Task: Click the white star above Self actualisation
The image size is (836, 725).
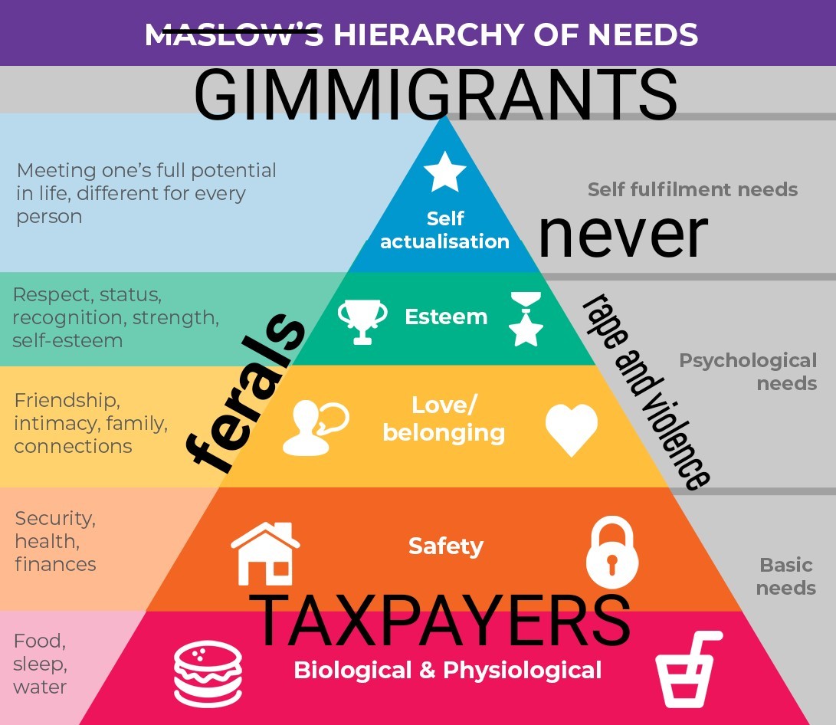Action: tap(444, 172)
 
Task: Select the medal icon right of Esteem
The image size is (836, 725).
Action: tap(526, 319)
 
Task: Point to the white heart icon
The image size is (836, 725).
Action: tap(572, 430)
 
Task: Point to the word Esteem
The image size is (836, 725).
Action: tap(446, 317)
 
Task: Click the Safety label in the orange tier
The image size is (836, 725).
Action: tap(445, 546)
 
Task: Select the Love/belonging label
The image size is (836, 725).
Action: tap(444, 418)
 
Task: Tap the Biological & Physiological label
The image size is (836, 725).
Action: tap(448, 671)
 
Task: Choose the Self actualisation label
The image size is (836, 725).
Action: tap(444, 230)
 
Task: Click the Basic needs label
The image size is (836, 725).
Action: tap(786, 576)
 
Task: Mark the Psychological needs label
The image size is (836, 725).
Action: tap(748, 371)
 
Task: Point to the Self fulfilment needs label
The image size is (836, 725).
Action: tap(692, 189)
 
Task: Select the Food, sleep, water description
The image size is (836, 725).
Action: tap(40, 663)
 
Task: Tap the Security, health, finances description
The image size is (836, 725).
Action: tap(55, 541)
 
